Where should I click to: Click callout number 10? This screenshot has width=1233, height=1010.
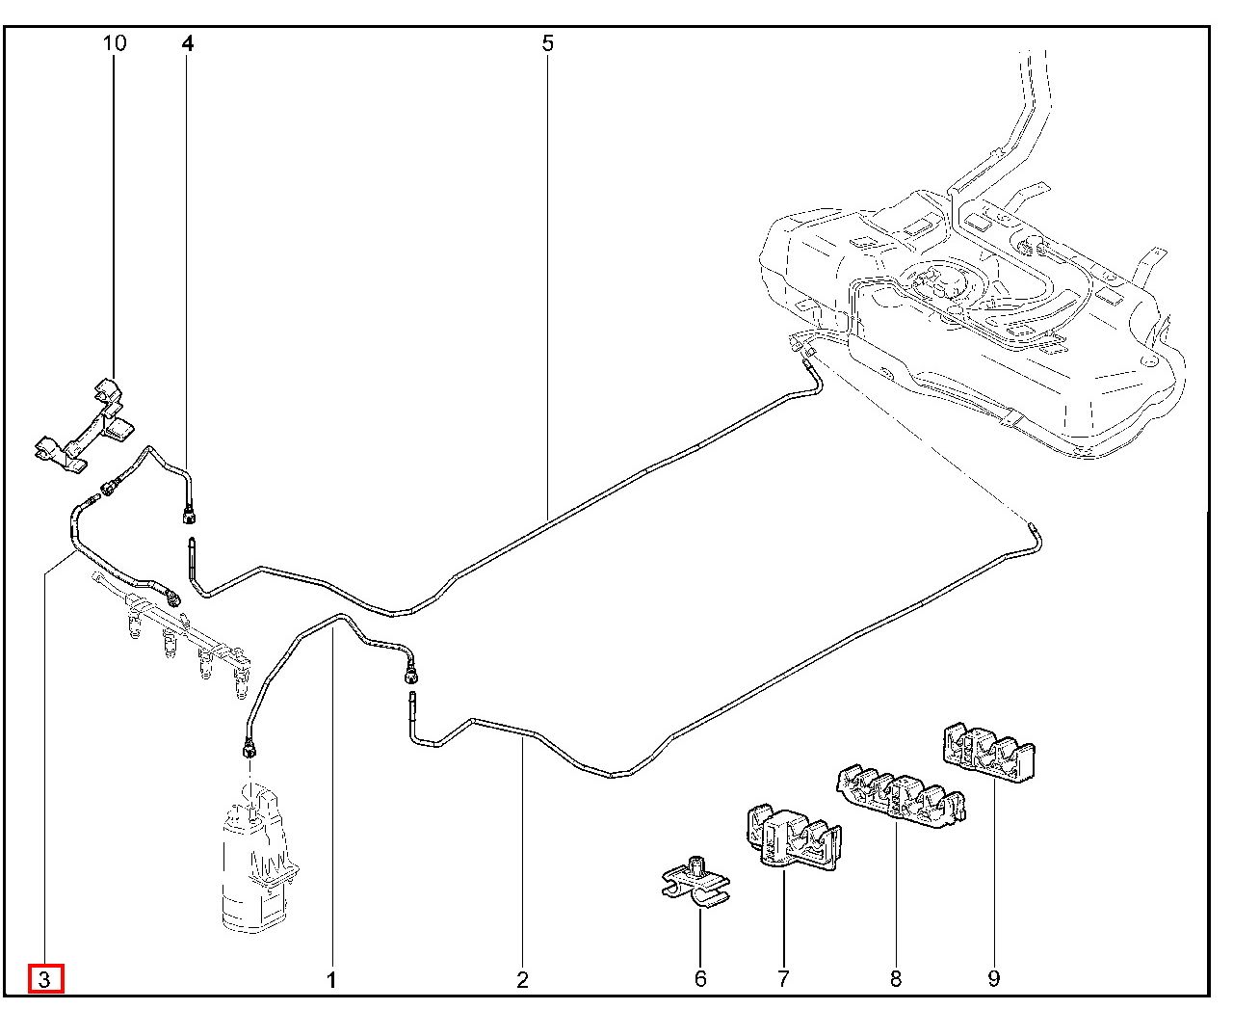[x=114, y=43]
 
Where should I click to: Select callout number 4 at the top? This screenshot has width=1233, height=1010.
[x=187, y=43]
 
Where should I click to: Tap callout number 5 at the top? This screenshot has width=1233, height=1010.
[x=547, y=43]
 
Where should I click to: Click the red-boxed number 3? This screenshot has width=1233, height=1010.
[x=45, y=979]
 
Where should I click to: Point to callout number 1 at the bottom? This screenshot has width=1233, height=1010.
[x=331, y=980]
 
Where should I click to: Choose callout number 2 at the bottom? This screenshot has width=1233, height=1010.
[x=522, y=980]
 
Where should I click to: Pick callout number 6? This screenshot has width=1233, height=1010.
[x=700, y=979]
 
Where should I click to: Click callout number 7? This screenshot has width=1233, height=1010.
[x=782, y=979]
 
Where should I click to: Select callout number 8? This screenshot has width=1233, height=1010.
[x=896, y=979]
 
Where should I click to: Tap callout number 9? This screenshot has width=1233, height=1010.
[x=994, y=979]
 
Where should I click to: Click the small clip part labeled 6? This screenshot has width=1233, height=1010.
[x=696, y=882]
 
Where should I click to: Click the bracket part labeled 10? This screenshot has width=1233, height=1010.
[x=87, y=428]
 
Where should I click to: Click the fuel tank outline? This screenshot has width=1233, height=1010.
[x=973, y=308]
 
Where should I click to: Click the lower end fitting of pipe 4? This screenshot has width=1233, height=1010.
[x=190, y=511]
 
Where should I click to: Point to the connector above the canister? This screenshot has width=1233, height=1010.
[x=250, y=747]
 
